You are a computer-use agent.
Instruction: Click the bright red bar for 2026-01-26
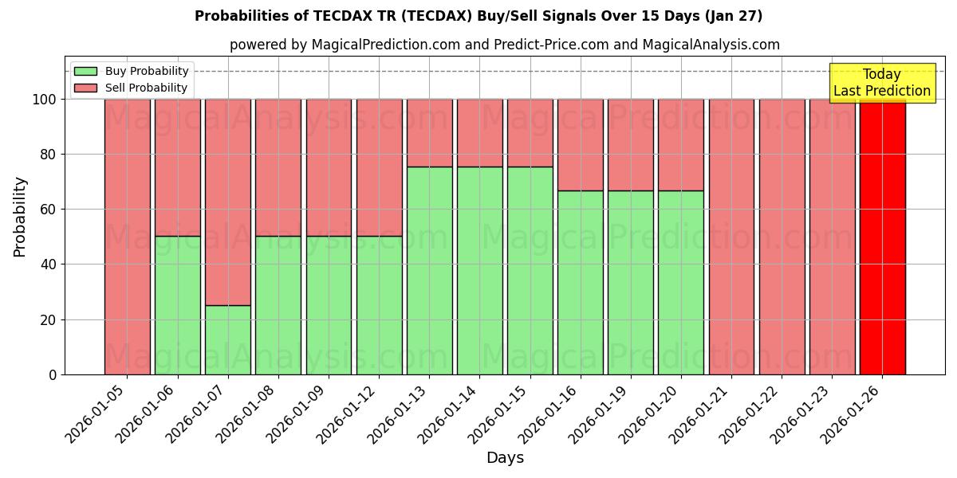(x=882, y=237)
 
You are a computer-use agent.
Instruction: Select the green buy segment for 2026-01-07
(x=228, y=339)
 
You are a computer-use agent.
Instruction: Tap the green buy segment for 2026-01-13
(x=429, y=270)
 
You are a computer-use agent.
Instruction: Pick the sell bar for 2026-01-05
(x=127, y=237)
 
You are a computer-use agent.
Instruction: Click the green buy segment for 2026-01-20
(x=681, y=282)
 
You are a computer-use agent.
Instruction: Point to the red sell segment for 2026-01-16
(x=581, y=145)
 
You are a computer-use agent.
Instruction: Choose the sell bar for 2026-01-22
(x=782, y=237)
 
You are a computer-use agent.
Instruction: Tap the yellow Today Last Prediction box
(x=882, y=83)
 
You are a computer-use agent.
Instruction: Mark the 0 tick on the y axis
(x=53, y=374)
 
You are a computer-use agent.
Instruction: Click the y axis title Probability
(x=20, y=216)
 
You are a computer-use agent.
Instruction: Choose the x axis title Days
(x=505, y=458)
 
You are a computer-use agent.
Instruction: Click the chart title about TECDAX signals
(x=478, y=16)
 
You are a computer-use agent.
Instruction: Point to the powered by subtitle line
(x=505, y=45)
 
